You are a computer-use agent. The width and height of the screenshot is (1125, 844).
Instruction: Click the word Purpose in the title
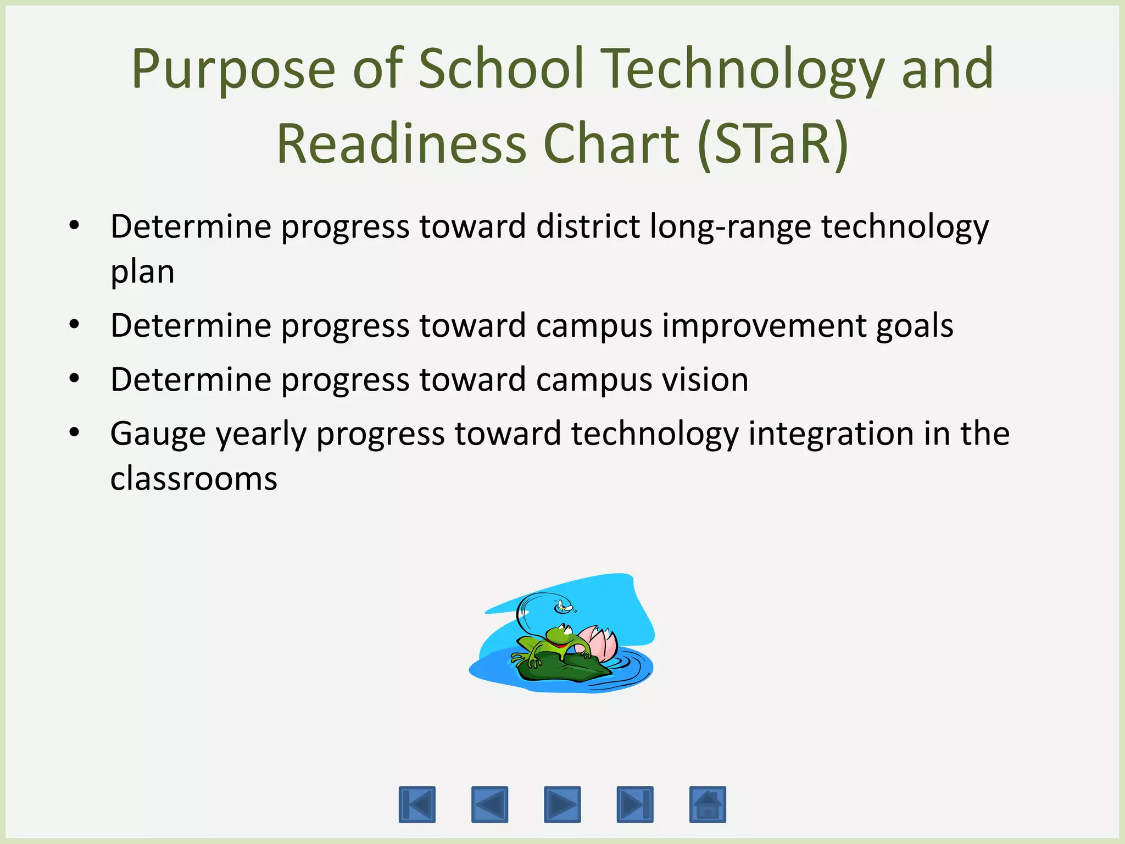(x=233, y=70)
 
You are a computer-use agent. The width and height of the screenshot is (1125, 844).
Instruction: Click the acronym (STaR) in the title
(x=773, y=144)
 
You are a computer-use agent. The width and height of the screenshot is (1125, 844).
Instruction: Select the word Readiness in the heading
(x=401, y=144)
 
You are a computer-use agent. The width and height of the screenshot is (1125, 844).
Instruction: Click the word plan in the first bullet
(x=142, y=272)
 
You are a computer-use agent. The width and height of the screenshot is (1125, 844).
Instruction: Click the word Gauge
(x=158, y=434)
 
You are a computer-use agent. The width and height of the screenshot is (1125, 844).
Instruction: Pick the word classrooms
(x=193, y=478)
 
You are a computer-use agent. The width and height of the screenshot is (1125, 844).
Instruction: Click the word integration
(x=831, y=433)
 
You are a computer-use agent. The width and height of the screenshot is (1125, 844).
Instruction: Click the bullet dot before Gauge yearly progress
(x=74, y=432)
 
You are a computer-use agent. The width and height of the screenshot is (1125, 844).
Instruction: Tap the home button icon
(x=708, y=804)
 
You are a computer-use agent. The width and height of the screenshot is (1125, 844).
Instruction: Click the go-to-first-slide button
(x=417, y=804)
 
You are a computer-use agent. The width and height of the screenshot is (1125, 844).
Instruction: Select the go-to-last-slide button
(x=635, y=804)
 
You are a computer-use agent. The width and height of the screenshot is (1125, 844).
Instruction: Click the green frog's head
(x=560, y=636)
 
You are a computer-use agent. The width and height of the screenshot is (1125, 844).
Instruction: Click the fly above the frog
(x=564, y=607)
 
